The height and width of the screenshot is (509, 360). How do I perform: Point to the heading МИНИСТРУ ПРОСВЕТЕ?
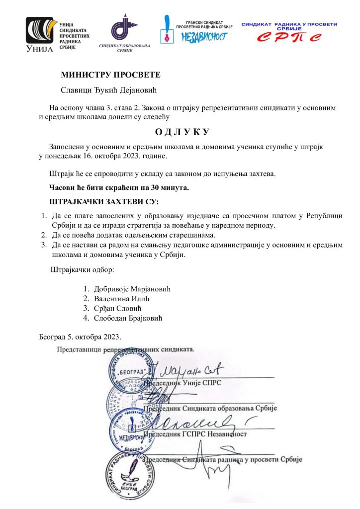point(110,76)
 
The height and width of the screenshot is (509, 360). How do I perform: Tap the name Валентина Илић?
point(121,299)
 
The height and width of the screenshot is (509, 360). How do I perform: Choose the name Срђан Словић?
point(118,309)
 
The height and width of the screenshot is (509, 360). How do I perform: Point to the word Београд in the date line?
point(53,337)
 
